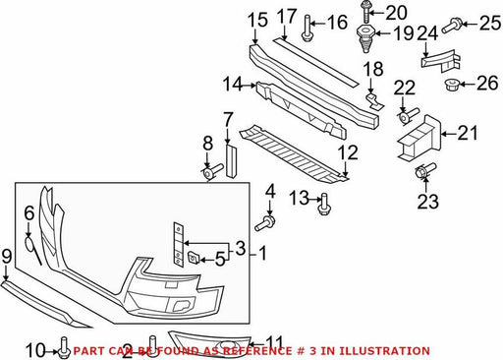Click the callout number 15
(257, 21)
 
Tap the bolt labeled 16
(307, 29)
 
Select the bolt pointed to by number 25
(452, 26)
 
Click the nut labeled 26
(452, 86)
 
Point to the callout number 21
(468, 133)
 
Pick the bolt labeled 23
(424, 171)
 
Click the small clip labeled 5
(193, 258)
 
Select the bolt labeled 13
(324, 204)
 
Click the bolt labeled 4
(265, 223)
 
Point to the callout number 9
(7, 257)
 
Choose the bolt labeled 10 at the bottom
(63, 348)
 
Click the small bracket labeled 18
(374, 101)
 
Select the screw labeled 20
(365, 12)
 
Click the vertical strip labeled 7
(231, 160)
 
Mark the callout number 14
(233, 85)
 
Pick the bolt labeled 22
(409, 116)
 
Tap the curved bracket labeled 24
(441, 61)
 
